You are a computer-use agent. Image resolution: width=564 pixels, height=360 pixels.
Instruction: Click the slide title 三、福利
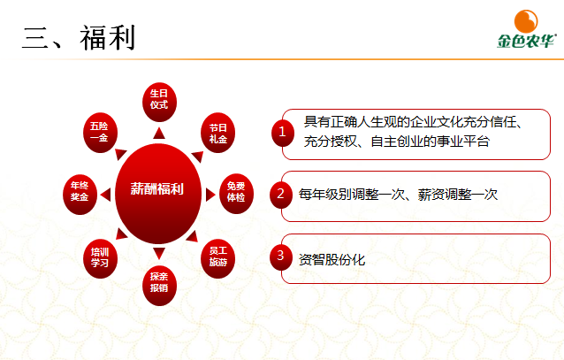(x=77, y=36)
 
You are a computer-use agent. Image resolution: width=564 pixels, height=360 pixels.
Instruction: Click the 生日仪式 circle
(x=159, y=98)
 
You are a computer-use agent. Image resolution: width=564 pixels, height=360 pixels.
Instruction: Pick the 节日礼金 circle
(x=217, y=130)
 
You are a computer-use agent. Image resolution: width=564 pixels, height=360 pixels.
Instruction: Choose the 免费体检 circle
(x=236, y=191)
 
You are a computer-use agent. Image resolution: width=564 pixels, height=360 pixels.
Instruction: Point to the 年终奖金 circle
(x=80, y=191)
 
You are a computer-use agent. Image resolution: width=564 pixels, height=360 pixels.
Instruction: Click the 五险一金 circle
(x=99, y=130)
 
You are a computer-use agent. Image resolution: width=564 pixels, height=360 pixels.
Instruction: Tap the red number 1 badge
(x=282, y=132)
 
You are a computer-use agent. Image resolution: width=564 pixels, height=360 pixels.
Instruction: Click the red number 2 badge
(x=280, y=193)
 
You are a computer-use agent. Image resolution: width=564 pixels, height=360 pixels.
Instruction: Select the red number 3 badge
(x=280, y=257)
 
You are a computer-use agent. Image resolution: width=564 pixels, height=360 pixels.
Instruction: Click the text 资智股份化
(x=332, y=260)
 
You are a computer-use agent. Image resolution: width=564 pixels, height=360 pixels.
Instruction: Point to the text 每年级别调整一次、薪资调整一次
(x=398, y=194)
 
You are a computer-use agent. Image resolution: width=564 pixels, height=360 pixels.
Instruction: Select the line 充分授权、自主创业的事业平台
(x=396, y=141)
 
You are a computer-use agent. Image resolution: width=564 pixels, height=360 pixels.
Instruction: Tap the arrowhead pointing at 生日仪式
(x=158, y=133)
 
